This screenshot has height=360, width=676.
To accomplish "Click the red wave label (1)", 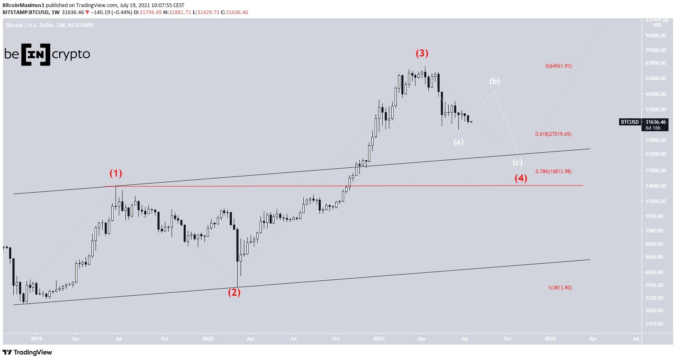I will pyautogui.click(x=116, y=173).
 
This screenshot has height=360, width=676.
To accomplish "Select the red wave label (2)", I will pyautogui.click(x=234, y=292).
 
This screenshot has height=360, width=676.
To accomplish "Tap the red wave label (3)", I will pyautogui.click(x=422, y=53).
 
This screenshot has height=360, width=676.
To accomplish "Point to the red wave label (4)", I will pyautogui.click(x=521, y=179).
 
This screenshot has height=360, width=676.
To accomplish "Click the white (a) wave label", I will pyautogui.click(x=458, y=142).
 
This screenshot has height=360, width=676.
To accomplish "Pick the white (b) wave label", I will pyautogui.click(x=494, y=81).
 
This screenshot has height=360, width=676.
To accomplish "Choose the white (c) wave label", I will pyautogui.click(x=517, y=162).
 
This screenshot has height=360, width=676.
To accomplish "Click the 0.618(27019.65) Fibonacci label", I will pyautogui.click(x=553, y=134).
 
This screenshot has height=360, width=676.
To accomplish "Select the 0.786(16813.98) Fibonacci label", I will pyautogui.click(x=553, y=171).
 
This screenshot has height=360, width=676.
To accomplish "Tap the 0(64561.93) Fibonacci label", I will pyautogui.click(x=558, y=66).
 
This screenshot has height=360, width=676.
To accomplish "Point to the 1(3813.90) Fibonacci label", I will pyautogui.click(x=560, y=288).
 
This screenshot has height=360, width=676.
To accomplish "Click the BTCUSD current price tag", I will pyautogui.click(x=643, y=122).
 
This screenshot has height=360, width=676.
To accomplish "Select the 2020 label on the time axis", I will pyautogui.click(x=207, y=339).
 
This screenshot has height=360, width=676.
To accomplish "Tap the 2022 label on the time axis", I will pyautogui.click(x=551, y=339).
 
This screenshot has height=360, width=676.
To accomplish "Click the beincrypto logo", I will pyautogui.click(x=47, y=54).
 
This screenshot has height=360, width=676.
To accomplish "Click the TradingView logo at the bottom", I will pyautogui.click(x=28, y=353).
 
